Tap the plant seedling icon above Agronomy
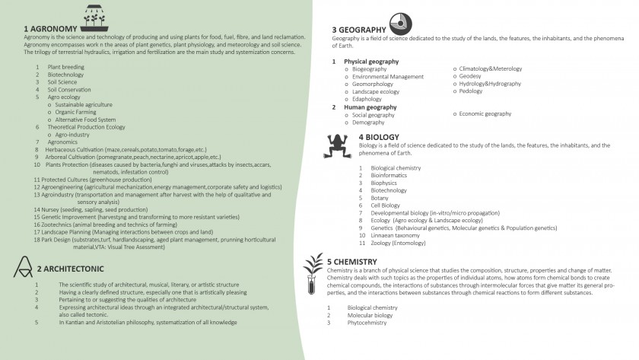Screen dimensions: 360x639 click(94, 15)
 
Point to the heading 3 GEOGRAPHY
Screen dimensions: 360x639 click(358, 30)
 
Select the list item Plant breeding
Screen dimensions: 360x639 click(65, 67)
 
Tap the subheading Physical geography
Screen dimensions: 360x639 click(370, 61)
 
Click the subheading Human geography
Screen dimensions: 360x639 click(370, 107)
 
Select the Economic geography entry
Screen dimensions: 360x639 click(485, 114)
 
